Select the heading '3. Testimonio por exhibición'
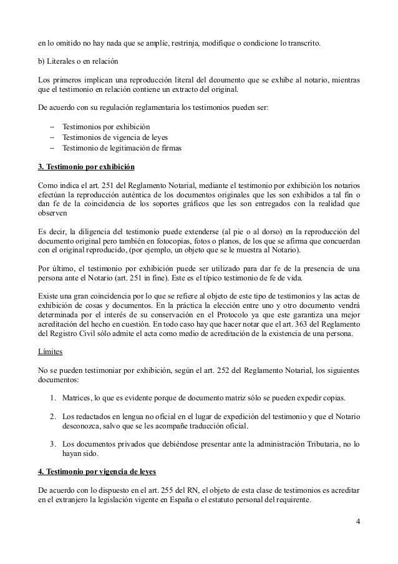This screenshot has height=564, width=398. [x=86, y=169]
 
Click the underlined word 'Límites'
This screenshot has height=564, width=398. [x=49, y=352]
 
